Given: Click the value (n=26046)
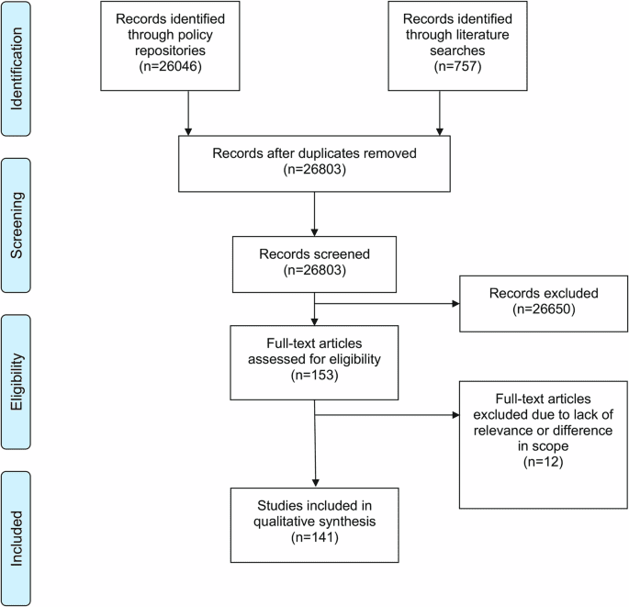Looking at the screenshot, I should click(x=187, y=66).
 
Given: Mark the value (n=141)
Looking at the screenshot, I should click(x=315, y=537).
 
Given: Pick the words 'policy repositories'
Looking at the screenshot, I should click(x=187, y=51).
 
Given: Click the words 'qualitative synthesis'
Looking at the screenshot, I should click(x=315, y=522).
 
